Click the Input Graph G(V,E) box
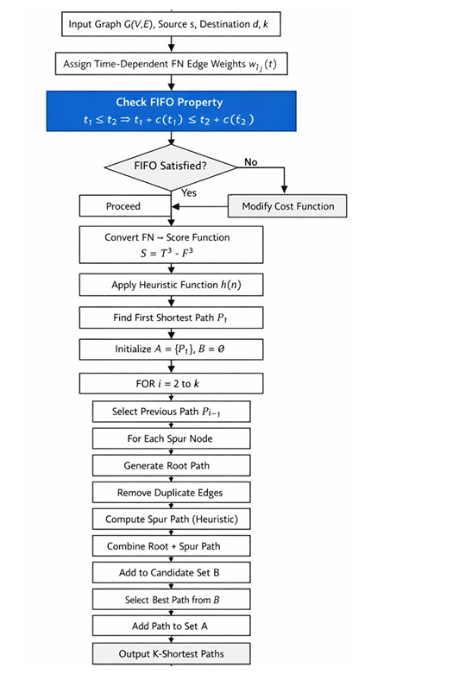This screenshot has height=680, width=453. pyautogui.click(x=171, y=24)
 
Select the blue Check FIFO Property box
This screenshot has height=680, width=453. pyautogui.click(x=171, y=111)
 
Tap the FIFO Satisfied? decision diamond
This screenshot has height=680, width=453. pyautogui.click(x=171, y=167)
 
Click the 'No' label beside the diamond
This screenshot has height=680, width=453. pyautogui.click(x=250, y=161)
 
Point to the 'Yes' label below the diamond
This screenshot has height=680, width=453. pyautogui.click(x=189, y=192)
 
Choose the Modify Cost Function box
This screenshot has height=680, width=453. pyautogui.click(x=287, y=206)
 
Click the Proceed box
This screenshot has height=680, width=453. pyautogui.click(x=125, y=206)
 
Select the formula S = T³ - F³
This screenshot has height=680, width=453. pyautogui.click(x=167, y=252)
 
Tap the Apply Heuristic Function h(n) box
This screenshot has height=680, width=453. pyautogui.click(x=171, y=285)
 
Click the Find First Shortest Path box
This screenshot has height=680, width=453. pyautogui.click(x=171, y=318)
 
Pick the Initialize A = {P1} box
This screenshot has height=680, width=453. pyautogui.click(x=171, y=349)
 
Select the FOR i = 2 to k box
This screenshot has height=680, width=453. pyautogui.click(x=171, y=383)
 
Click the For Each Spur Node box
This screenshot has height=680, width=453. pyautogui.click(x=171, y=438)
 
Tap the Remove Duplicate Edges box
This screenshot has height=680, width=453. pyautogui.click(x=171, y=493)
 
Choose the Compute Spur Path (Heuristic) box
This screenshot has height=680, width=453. pyautogui.click(x=171, y=519)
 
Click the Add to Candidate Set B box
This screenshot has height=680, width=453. pyautogui.click(x=171, y=572)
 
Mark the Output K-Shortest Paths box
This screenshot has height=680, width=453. pyautogui.click(x=171, y=653)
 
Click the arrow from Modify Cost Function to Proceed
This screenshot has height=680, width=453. pyautogui.click(x=200, y=206)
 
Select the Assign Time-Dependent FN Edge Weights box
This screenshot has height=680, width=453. pyautogui.click(x=171, y=64)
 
